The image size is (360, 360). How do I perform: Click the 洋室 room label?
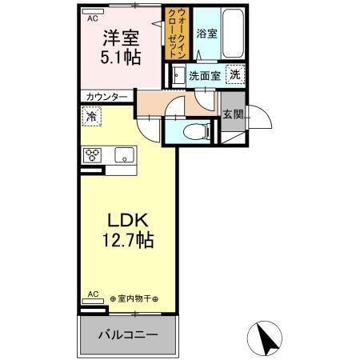coord(118,36)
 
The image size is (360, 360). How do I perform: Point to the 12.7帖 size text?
coord(126,239)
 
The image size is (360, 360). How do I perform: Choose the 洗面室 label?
coord(205,76)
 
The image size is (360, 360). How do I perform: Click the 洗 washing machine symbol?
coord(234,74)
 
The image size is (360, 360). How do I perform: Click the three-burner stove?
coord(90,155)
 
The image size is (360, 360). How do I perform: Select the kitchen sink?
coord(123,155)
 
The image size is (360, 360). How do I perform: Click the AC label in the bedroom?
coord(92,17)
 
